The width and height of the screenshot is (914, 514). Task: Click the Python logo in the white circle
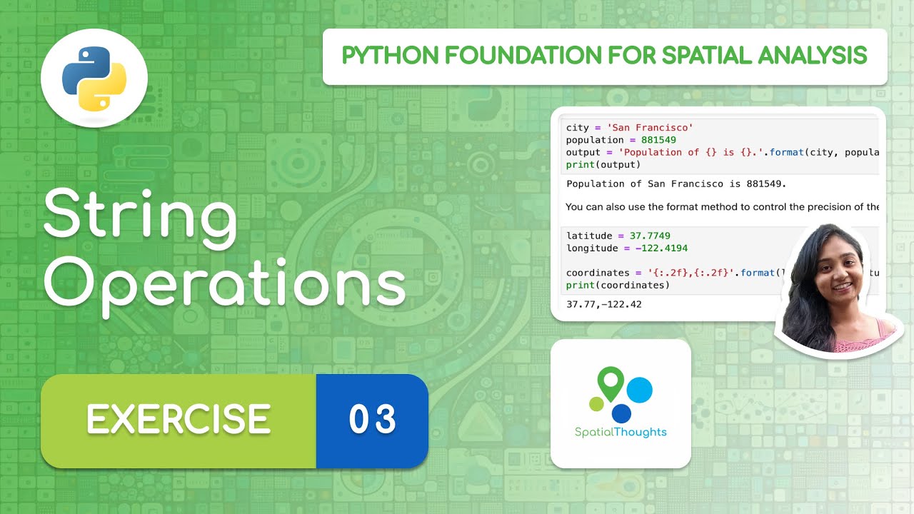94,79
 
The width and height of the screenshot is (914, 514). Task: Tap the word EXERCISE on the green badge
179,420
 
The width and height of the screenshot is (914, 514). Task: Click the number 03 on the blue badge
372,420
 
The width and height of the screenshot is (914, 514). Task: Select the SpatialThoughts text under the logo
621,432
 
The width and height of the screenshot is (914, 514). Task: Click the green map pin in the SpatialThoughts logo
609,383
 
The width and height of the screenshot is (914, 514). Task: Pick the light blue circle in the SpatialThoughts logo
639,390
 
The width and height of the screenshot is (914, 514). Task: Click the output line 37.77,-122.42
603,304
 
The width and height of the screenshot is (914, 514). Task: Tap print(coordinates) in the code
618,285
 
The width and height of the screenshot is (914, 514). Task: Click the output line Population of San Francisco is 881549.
676,183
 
